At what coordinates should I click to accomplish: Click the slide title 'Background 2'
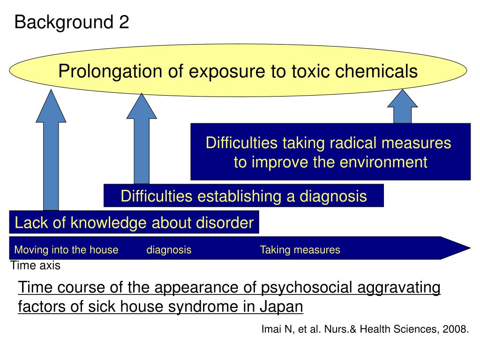72,22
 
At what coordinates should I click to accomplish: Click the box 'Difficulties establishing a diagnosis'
243,196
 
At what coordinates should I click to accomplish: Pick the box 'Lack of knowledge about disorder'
134,223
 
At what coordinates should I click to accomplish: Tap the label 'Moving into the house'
66,250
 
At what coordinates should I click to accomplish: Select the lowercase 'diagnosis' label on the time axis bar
169,250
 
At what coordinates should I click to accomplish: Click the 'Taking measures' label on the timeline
300,250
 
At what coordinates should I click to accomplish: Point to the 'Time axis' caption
36,266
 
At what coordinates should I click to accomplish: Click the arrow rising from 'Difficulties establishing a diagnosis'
142,141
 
